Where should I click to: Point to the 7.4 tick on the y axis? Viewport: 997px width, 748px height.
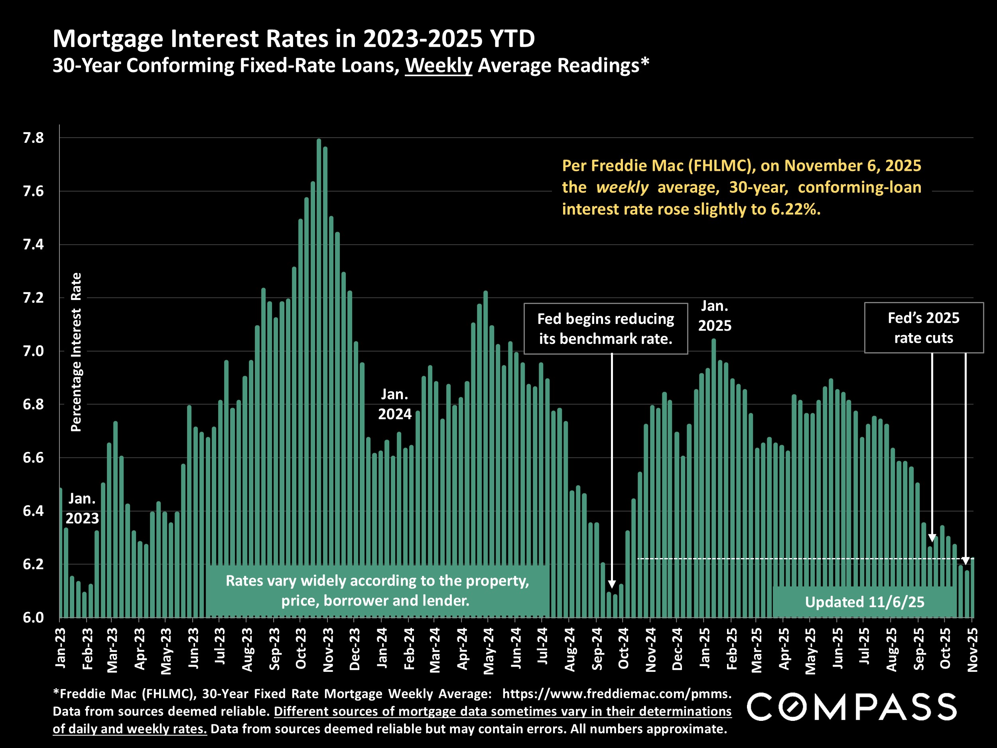pos(33,245)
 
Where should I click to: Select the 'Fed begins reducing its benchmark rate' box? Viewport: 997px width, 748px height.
pos(605,329)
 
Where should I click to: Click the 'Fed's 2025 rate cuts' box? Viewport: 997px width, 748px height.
pos(923,328)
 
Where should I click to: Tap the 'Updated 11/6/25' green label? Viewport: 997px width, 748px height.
pos(864,602)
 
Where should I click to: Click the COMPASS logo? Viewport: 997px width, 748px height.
pos(851,707)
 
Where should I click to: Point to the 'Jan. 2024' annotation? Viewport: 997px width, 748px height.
pos(394,404)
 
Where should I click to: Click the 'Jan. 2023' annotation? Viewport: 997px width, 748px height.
pos(82,508)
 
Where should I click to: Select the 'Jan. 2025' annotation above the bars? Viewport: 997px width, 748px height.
pos(714,316)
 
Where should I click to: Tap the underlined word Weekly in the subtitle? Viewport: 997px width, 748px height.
pos(438,66)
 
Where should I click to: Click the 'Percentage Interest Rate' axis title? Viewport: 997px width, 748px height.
pos(76,352)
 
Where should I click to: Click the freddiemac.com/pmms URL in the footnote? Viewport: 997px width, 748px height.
pos(616,693)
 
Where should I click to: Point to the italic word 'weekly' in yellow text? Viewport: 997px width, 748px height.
pos(622,187)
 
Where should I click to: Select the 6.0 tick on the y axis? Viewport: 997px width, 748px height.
pos(33,618)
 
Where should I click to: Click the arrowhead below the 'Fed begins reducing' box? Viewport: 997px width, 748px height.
pos(612,584)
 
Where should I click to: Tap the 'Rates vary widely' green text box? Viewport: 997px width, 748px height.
pos(377,590)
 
